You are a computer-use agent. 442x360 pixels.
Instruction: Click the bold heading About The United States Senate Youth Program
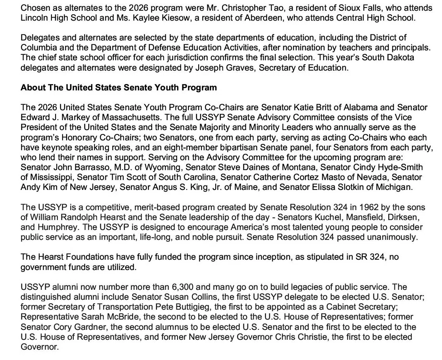[x=119, y=87]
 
